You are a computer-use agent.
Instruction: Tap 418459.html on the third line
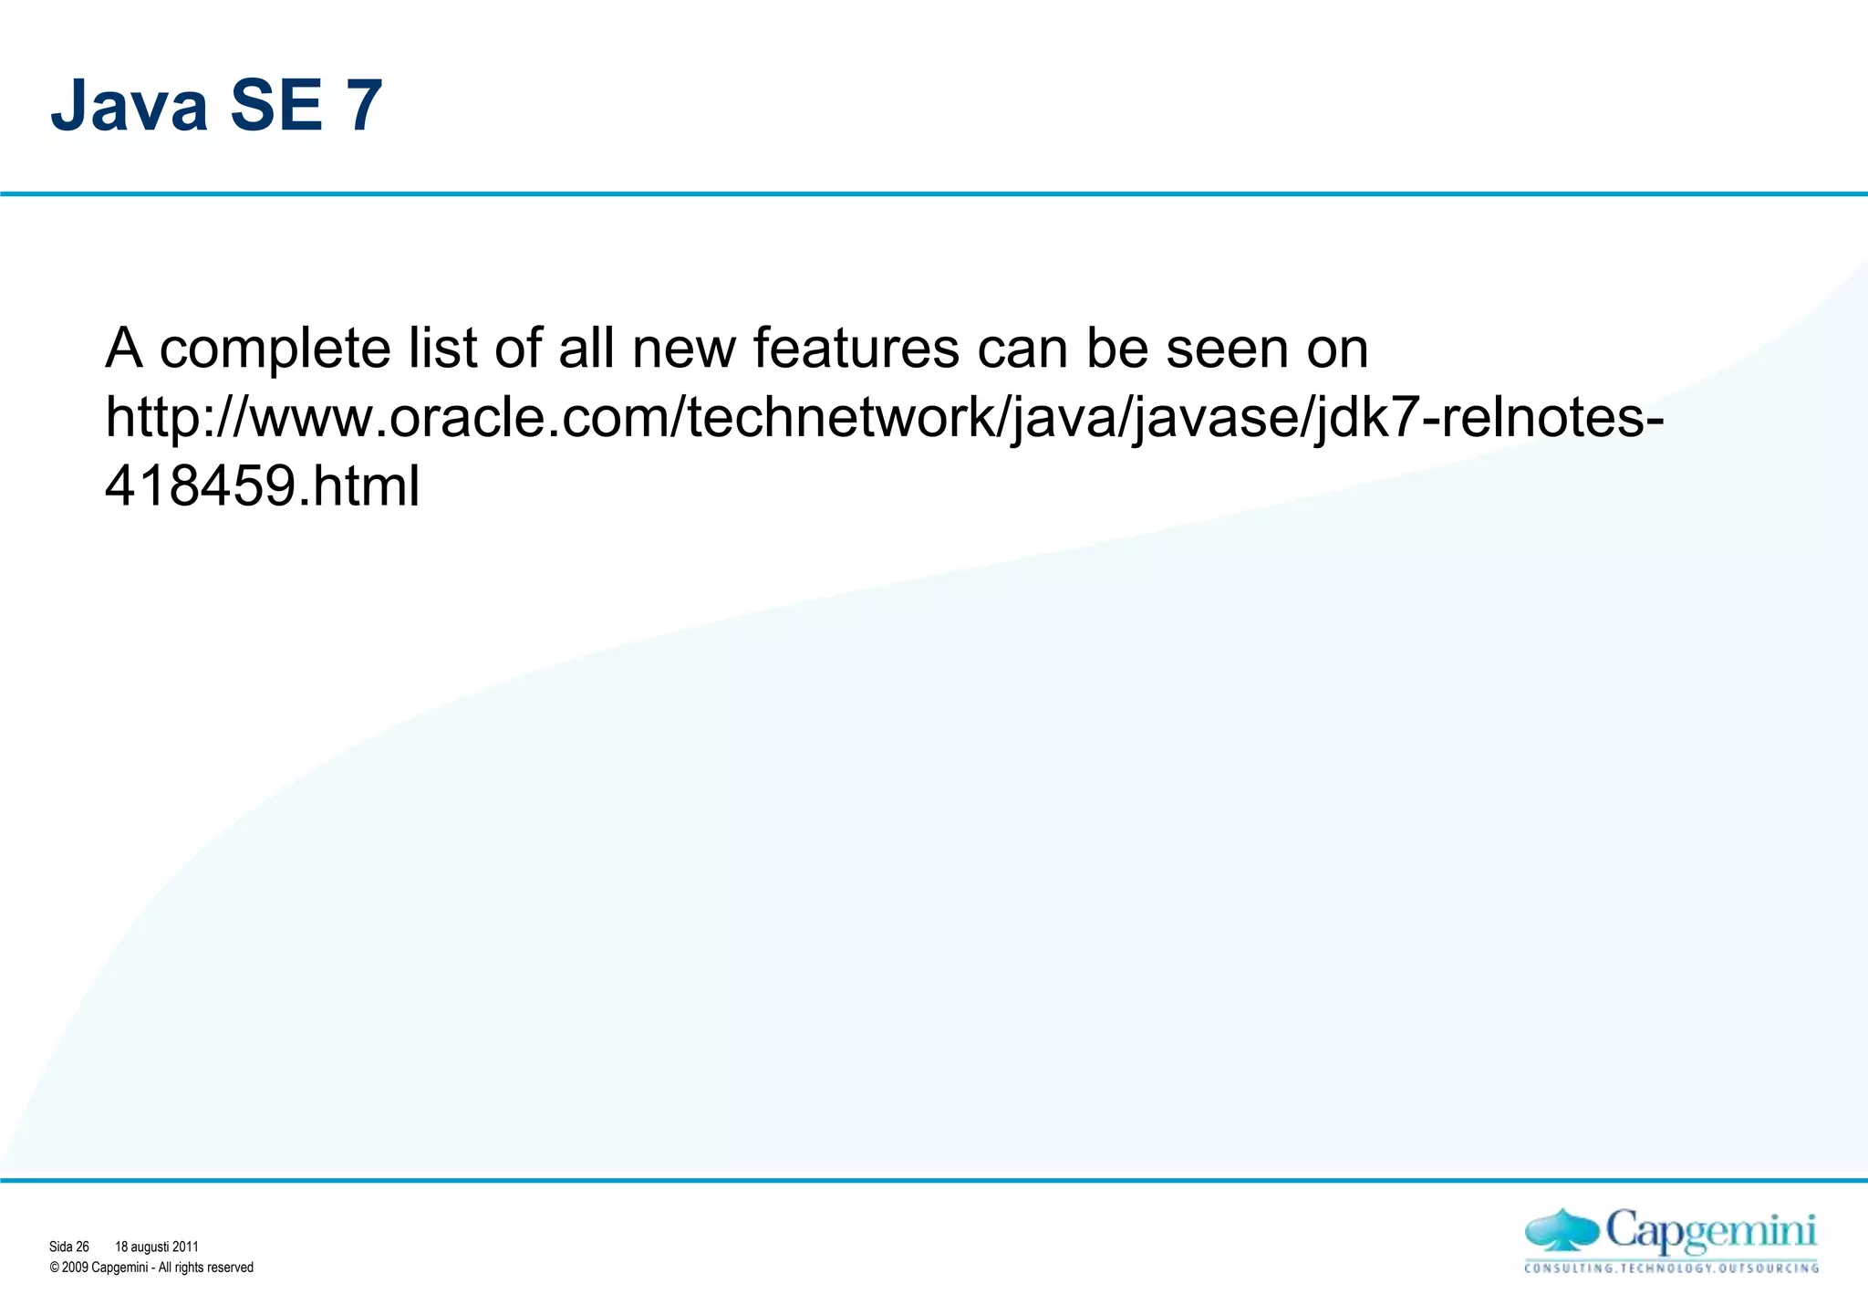click(x=263, y=485)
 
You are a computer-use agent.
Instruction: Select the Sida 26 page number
click(x=69, y=1247)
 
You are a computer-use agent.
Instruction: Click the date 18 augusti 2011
click(x=156, y=1247)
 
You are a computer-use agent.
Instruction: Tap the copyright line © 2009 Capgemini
click(x=151, y=1268)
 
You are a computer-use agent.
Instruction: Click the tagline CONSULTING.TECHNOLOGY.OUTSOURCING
click(x=1671, y=1268)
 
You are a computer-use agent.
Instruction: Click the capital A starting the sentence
click(x=124, y=350)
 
